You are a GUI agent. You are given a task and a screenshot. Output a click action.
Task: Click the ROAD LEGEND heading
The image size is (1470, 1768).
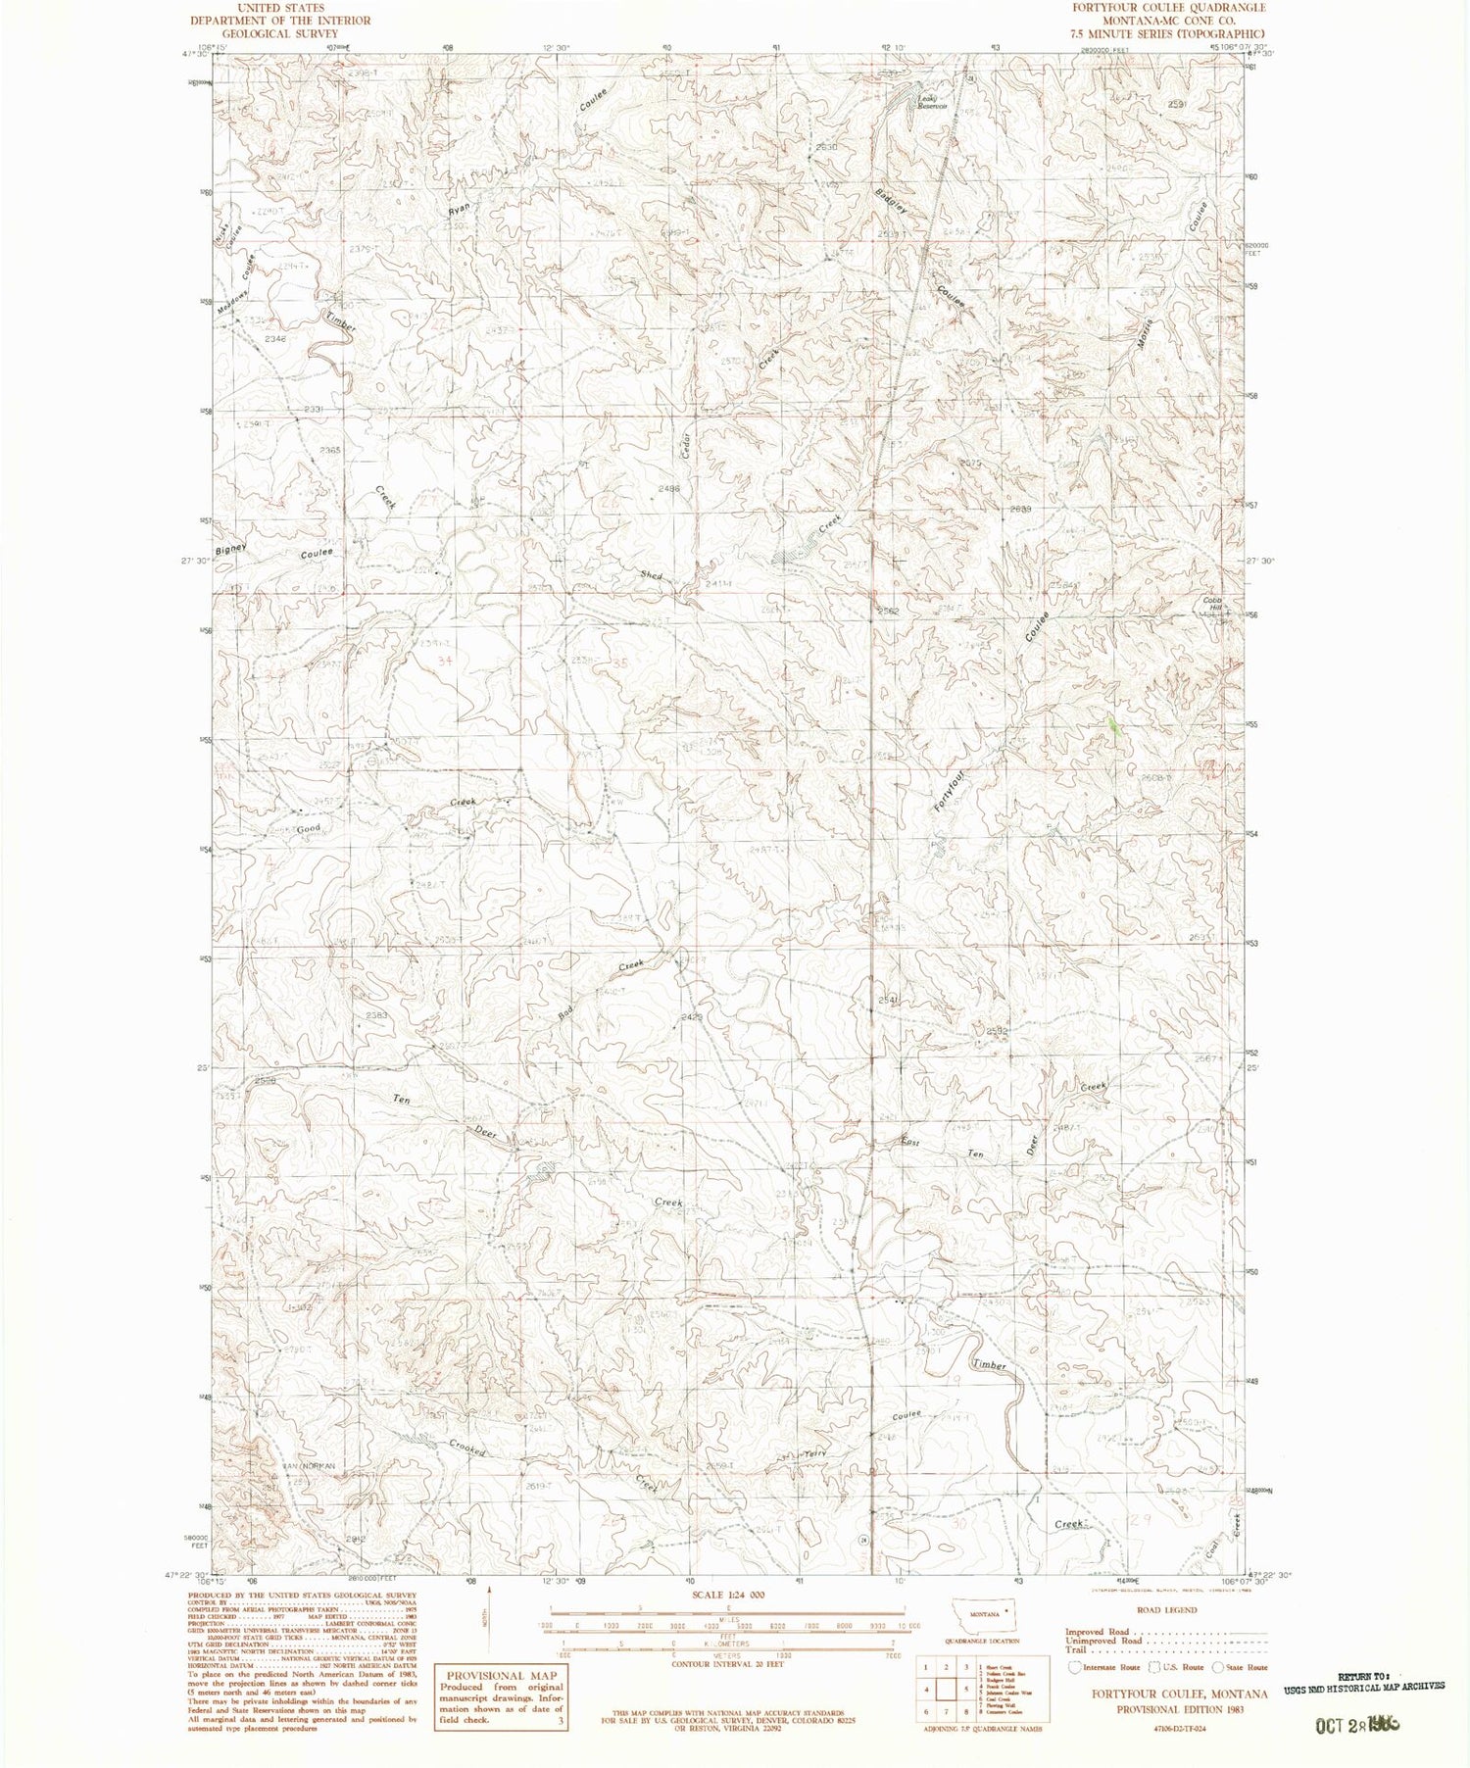point(1165,1609)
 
